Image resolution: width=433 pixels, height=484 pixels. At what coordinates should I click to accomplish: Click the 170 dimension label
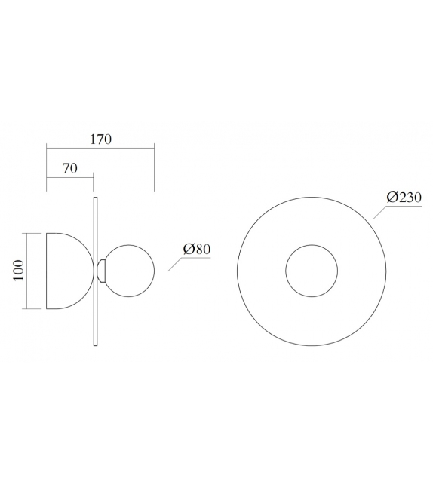(x=100, y=139)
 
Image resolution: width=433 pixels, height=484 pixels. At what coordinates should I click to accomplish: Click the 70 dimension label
(x=69, y=169)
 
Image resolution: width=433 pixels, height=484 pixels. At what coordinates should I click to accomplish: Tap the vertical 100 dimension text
(x=19, y=271)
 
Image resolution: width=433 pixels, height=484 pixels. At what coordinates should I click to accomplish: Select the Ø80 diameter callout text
(x=196, y=249)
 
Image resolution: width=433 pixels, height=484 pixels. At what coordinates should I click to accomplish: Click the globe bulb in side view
(x=129, y=271)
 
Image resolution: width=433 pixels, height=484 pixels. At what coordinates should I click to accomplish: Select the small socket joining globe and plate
(x=101, y=271)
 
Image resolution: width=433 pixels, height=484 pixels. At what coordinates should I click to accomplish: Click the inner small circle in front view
(x=311, y=271)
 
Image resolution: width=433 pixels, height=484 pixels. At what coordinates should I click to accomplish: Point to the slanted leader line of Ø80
(x=174, y=264)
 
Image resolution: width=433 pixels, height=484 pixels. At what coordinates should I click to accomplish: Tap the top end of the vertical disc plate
(x=95, y=199)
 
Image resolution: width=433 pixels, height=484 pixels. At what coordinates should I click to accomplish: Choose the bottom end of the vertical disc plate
(x=95, y=344)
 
